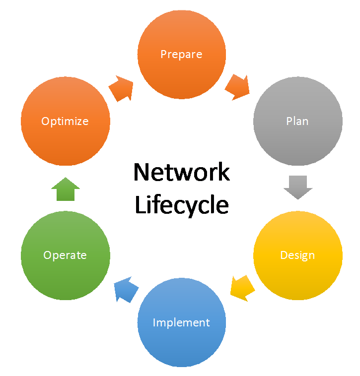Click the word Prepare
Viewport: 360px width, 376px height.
click(181, 54)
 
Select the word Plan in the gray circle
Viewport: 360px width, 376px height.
click(297, 121)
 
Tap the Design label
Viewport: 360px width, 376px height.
click(297, 255)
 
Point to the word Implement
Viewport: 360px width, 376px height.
click(181, 322)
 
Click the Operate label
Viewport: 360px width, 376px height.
click(65, 255)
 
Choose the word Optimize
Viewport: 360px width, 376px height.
click(65, 121)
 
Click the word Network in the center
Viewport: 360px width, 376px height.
click(181, 172)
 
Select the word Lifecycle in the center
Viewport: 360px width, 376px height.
click(181, 205)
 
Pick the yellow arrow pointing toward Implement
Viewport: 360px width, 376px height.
click(242, 288)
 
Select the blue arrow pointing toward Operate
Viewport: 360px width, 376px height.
click(125, 290)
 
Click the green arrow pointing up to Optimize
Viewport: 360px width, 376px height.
click(65, 189)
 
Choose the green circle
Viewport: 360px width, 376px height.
click(65, 278)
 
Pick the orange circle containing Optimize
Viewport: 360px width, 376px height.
click(65, 144)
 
